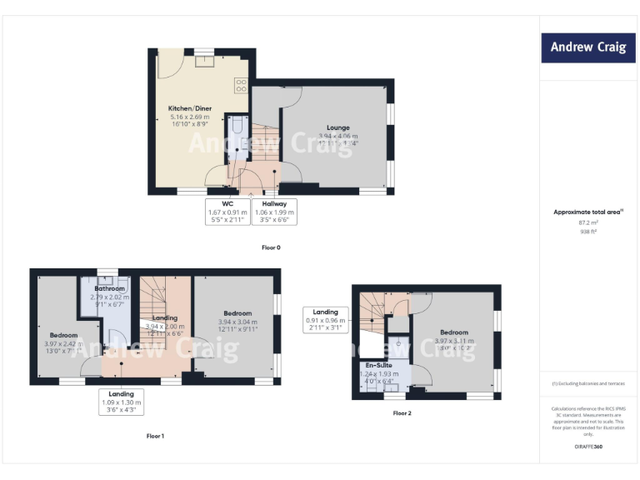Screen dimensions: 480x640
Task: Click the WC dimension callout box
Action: coord(227,212)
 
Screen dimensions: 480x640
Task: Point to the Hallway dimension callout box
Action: coord(274,212)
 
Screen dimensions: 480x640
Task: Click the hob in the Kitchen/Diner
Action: coord(242,84)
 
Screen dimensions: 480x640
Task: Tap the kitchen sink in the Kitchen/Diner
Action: coord(203,59)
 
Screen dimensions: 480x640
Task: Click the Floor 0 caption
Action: coord(272,247)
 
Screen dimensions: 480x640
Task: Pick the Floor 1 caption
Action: coord(156,436)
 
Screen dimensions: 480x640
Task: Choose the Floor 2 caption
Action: coord(402,413)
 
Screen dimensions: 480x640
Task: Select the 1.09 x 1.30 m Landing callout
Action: coord(121,401)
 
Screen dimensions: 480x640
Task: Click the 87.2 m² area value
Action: coord(588,222)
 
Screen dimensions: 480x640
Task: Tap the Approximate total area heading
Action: coord(587,212)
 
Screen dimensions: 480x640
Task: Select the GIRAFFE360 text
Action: coord(588,447)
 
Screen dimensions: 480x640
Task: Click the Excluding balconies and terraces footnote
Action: coord(588,384)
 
